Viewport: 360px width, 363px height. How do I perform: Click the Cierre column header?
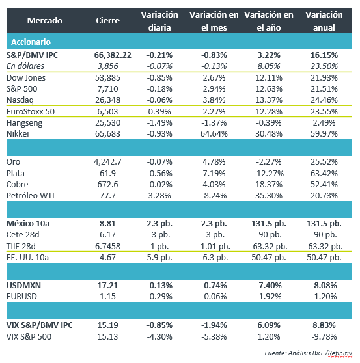(x=107, y=21)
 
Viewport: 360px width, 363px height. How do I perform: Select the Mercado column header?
(x=45, y=21)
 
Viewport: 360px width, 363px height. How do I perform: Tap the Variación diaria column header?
(x=159, y=21)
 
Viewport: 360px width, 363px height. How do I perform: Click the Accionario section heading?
(x=31, y=42)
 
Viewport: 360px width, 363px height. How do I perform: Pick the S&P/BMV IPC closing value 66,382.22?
(x=113, y=55)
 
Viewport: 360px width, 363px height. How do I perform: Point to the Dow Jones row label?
(x=26, y=78)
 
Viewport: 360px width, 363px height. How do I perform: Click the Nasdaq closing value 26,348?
(x=107, y=100)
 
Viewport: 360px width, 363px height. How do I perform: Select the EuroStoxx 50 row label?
(x=31, y=112)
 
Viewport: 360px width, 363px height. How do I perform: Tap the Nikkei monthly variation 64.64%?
(x=214, y=134)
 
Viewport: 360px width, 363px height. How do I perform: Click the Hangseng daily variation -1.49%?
(x=159, y=123)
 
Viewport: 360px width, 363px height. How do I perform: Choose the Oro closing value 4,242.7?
(x=107, y=161)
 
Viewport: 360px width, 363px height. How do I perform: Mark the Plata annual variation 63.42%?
(x=324, y=174)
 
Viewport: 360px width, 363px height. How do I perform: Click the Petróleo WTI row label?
(x=31, y=196)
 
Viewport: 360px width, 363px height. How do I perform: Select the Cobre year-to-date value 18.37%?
(x=269, y=185)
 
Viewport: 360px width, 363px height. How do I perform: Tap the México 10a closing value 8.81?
(x=107, y=224)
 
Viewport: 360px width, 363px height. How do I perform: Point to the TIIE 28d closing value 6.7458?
(x=107, y=246)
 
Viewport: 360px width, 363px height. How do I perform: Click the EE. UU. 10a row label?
(x=27, y=258)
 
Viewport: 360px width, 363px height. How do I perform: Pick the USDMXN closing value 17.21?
(x=107, y=285)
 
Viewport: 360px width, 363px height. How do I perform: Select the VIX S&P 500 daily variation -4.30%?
(x=159, y=336)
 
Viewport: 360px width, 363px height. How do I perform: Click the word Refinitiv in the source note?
(x=340, y=353)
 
